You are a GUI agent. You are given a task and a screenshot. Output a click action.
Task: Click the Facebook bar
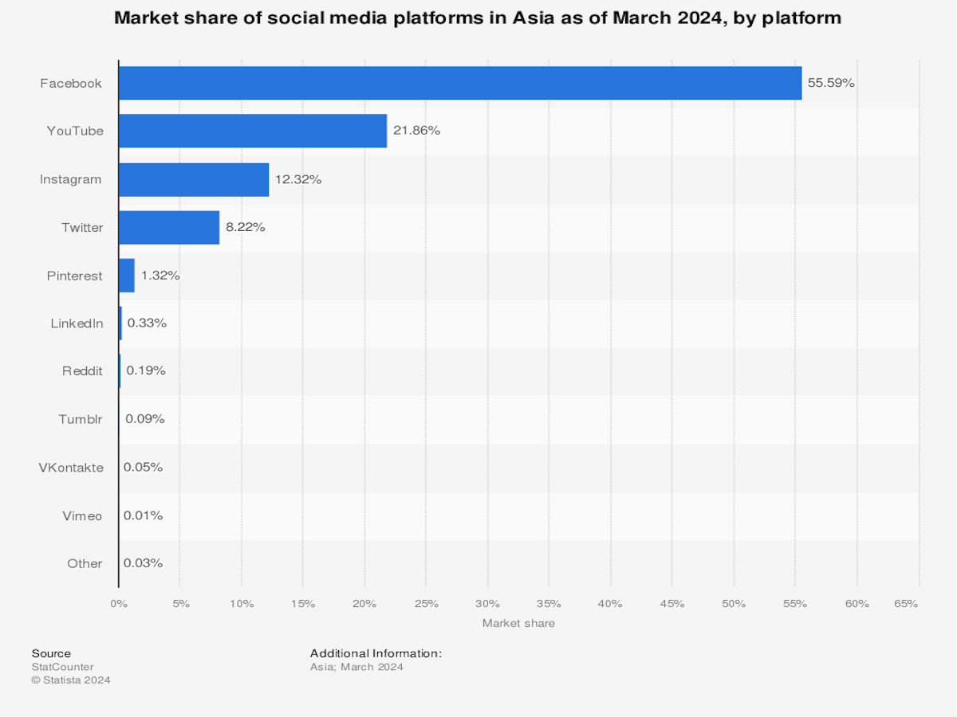(459, 83)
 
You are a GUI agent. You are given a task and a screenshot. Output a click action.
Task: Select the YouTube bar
(253, 131)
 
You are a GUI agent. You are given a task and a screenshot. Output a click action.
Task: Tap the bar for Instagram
(194, 179)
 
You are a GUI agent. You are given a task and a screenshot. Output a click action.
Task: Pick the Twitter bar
(169, 227)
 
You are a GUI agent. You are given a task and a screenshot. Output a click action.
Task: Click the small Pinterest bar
(127, 276)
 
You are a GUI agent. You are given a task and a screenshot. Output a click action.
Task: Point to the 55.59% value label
(831, 83)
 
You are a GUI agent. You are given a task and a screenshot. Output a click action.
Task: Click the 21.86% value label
(416, 131)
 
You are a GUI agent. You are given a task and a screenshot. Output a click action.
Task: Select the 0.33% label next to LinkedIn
(147, 323)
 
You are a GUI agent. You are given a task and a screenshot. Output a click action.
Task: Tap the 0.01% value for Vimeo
(144, 515)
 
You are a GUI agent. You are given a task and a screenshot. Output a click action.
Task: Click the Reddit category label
(82, 371)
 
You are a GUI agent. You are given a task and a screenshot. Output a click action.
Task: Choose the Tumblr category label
(81, 419)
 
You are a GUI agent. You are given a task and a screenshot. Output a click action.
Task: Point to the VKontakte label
(71, 468)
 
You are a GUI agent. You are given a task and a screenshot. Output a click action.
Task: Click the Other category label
(85, 563)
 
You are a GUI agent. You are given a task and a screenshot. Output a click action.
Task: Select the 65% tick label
(906, 604)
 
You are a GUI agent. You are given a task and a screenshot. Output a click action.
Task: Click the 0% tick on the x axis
(119, 604)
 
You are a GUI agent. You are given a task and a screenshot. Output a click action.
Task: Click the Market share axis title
(518, 623)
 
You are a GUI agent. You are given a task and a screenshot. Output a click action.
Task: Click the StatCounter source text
(62, 667)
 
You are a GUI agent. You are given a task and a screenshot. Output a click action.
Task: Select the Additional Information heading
(376, 653)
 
